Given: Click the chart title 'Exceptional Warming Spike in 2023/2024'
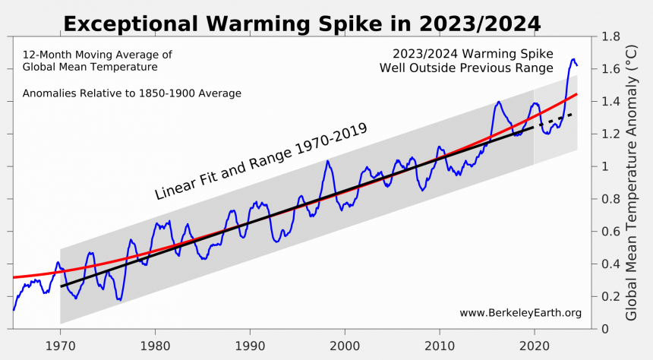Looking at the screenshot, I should [301, 24].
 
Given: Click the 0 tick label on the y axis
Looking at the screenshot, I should [604, 329].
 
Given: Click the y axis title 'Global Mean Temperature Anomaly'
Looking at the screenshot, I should [632, 182].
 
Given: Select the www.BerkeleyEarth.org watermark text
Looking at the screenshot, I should [520, 313].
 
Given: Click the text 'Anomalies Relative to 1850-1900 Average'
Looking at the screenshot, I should [131, 93].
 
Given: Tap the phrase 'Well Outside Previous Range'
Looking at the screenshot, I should [466, 68].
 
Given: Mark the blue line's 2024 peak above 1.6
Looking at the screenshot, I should [573, 58].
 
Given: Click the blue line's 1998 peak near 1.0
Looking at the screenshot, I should [327, 161].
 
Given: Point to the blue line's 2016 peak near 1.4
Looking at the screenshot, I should [499, 102].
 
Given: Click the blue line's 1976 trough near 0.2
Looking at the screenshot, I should [119, 299].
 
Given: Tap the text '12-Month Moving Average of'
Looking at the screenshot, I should [97, 55].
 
